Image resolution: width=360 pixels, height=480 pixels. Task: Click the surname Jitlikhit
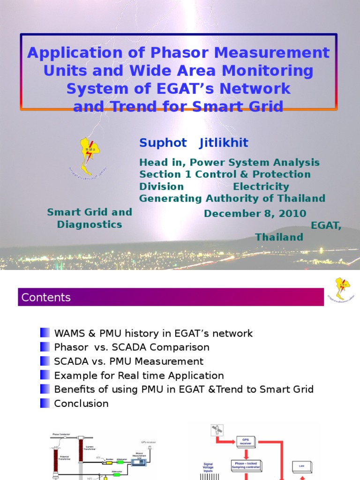[x=224, y=143]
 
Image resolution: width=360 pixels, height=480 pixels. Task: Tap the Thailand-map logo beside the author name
[x=87, y=155]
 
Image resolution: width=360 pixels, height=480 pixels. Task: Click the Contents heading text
[x=46, y=297]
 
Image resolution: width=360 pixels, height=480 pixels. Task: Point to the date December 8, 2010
[x=255, y=214]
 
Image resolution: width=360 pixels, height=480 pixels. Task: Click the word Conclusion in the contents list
[x=81, y=403]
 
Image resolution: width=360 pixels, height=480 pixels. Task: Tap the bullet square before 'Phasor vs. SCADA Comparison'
[x=45, y=347]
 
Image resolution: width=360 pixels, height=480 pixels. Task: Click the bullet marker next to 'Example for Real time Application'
[x=45, y=375]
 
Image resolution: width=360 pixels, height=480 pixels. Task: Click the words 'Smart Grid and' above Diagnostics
[x=90, y=212]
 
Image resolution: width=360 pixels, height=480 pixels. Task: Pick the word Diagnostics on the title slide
[x=90, y=225]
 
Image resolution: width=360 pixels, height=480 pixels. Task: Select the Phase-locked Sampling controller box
[x=246, y=465]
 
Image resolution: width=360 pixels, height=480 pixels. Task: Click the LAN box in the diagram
[x=301, y=466]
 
